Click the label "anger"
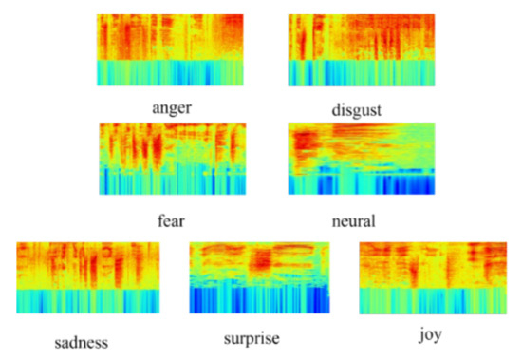click(172, 107)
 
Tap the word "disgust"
click(356, 110)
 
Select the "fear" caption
click(171, 220)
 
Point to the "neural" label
click(354, 221)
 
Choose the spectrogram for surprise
click(260, 277)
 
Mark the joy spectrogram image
click(430, 277)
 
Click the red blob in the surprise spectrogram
click(261, 259)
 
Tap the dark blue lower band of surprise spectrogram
click(260, 299)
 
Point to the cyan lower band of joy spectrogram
click(430, 300)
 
